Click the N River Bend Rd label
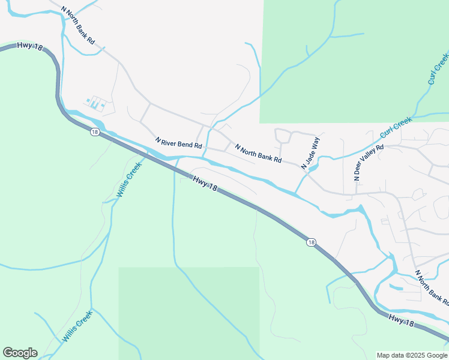coord(179,144)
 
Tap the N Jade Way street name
coord(312,154)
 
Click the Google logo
coord(20,353)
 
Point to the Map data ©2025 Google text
coord(412,355)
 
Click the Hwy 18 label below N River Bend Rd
coord(205,183)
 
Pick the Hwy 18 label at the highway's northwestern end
coord(30,46)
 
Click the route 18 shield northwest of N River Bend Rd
coord(95,131)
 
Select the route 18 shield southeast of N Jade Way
coord(310,242)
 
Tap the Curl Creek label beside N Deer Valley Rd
coord(397,127)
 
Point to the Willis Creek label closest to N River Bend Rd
coord(129,179)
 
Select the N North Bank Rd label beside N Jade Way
coord(258,154)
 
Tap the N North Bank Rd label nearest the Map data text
coord(431,287)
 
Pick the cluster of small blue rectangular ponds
coord(96,103)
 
